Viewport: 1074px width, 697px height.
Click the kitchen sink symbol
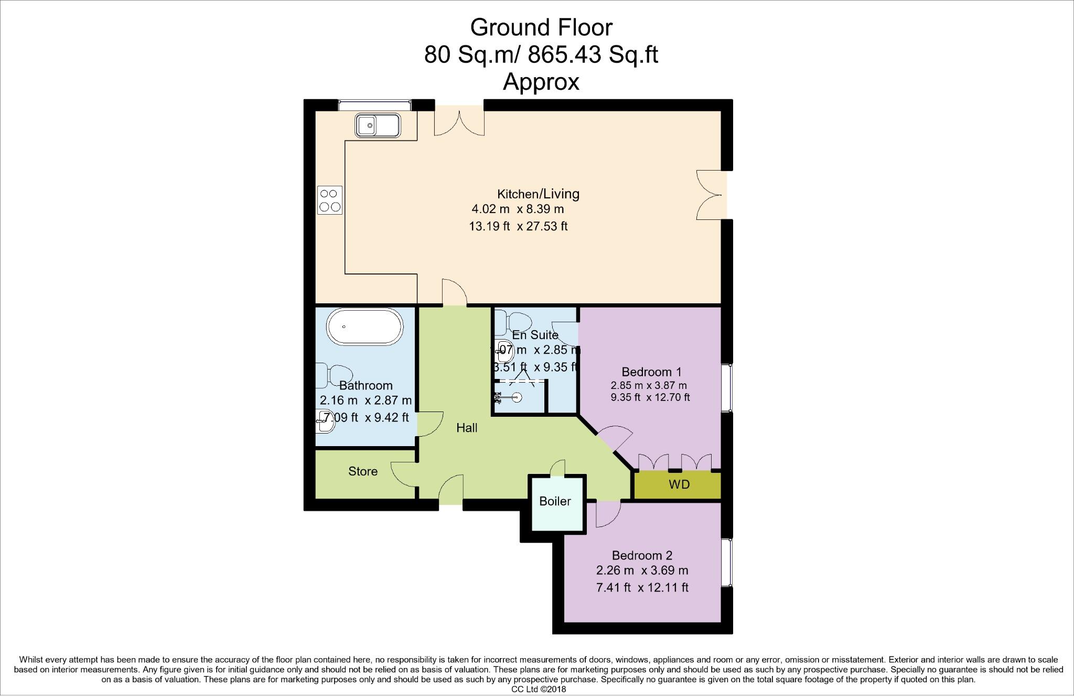[377, 126]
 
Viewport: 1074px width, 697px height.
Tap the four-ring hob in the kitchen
[330, 200]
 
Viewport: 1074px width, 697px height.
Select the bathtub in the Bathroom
[365, 326]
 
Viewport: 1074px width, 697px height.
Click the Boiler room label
[555, 501]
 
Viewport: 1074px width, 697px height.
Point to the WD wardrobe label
[679, 484]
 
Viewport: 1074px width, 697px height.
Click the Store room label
[363, 471]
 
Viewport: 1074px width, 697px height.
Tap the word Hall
[467, 428]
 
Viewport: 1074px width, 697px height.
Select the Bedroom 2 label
[642, 555]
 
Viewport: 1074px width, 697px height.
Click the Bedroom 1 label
[651, 372]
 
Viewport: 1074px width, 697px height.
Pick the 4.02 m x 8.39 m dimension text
[518, 209]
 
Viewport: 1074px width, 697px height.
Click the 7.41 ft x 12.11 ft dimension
[642, 587]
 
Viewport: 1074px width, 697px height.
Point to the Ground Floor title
[541, 27]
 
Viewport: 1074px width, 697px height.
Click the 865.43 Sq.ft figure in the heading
[593, 55]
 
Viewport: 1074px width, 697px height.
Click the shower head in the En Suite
[518, 397]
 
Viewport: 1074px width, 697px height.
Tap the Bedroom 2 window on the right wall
[726, 562]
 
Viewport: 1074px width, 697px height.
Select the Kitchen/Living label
[538, 194]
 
